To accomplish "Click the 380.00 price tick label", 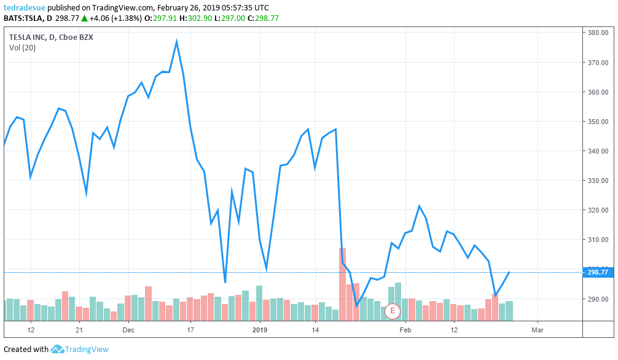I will [x=598, y=33].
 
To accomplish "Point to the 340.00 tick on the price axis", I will [x=598, y=151].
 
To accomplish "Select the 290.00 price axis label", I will [x=598, y=299].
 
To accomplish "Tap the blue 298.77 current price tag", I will [x=597, y=272].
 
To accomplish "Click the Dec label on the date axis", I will [x=128, y=330].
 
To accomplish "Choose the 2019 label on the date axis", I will [x=260, y=330].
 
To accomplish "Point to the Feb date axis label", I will [x=404, y=330].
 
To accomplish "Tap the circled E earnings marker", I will [x=392, y=311].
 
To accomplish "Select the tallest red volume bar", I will [x=343, y=283].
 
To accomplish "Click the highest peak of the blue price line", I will [x=176, y=42].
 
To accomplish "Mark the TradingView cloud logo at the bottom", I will [x=58, y=350].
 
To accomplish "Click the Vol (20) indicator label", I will [x=22, y=48].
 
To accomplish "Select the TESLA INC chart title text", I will [x=50, y=37].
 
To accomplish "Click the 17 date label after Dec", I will [x=190, y=330].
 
